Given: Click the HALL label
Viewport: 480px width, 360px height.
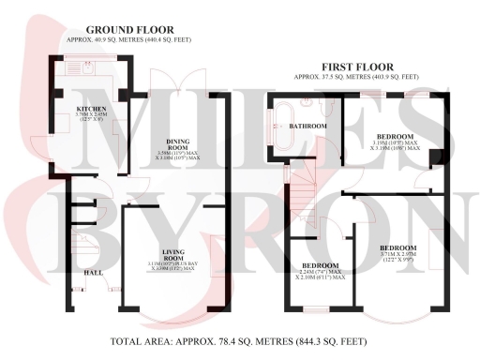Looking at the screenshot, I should tap(94, 272).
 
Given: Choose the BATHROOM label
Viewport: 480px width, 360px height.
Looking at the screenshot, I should tap(307, 126).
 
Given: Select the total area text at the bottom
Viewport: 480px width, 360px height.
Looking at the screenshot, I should tap(239, 340).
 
